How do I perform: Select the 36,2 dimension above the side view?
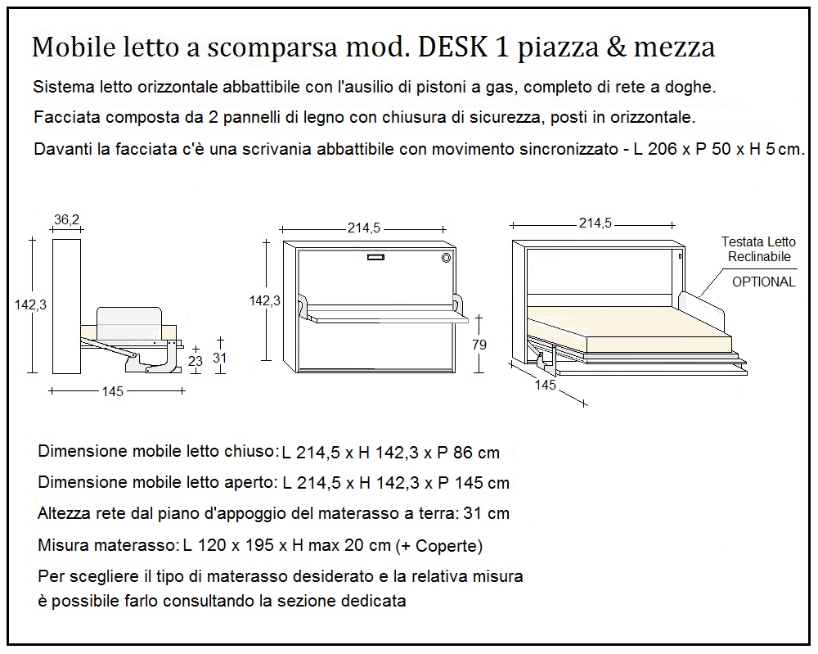click(66, 219)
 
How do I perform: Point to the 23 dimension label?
click(195, 359)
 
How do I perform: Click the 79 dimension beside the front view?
click(479, 345)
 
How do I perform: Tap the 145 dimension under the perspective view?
click(546, 385)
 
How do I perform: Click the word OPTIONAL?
click(762, 282)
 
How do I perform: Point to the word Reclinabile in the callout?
click(758, 256)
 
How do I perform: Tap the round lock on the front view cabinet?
click(446, 258)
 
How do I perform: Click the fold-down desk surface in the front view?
click(384, 313)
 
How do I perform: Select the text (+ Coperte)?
click(438, 546)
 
